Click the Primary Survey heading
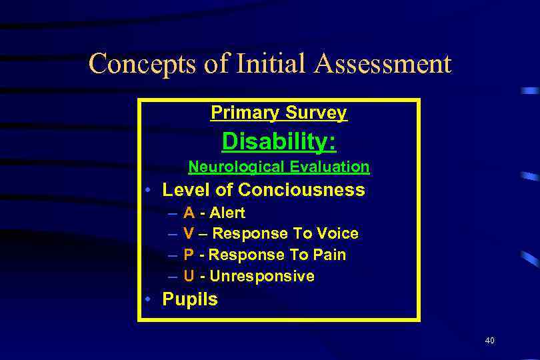[x=279, y=113]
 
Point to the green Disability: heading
[x=279, y=141]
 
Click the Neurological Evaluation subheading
[x=279, y=167]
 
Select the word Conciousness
[x=301, y=190]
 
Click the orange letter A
[x=189, y=213]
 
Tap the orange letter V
[x=189, y=234]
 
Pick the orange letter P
[x=189, y=255]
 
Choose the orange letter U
[x=189, y=276]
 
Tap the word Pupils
[x=190, y=299]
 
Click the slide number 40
[x=490, y=341]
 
